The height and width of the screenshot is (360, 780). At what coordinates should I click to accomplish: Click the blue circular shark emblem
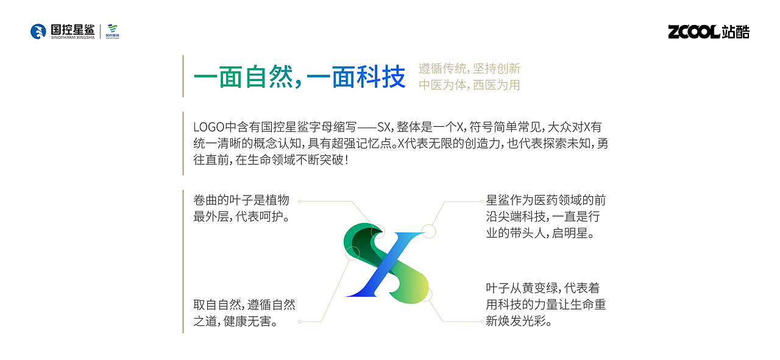click(38, 32)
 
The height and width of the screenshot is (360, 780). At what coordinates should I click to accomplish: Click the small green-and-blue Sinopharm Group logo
click(113, 31)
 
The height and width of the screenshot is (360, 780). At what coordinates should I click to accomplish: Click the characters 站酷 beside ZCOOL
click(736, 32)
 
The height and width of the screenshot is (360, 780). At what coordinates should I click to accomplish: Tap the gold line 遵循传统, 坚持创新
click(469, 69)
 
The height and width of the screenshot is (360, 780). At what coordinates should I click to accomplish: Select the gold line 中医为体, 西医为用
click(469, 85)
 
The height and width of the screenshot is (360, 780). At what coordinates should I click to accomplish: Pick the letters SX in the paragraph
click(384, 127)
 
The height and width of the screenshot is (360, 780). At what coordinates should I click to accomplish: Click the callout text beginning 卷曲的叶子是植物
click(241, 200)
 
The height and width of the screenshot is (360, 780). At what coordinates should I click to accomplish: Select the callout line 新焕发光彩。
click(519, 321)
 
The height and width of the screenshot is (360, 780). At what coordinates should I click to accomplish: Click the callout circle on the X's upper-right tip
click(429, 231)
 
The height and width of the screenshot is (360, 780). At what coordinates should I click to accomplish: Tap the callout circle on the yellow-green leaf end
click(426, 295)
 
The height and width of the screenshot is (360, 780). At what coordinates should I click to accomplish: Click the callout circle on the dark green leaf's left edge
click(352, 253)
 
